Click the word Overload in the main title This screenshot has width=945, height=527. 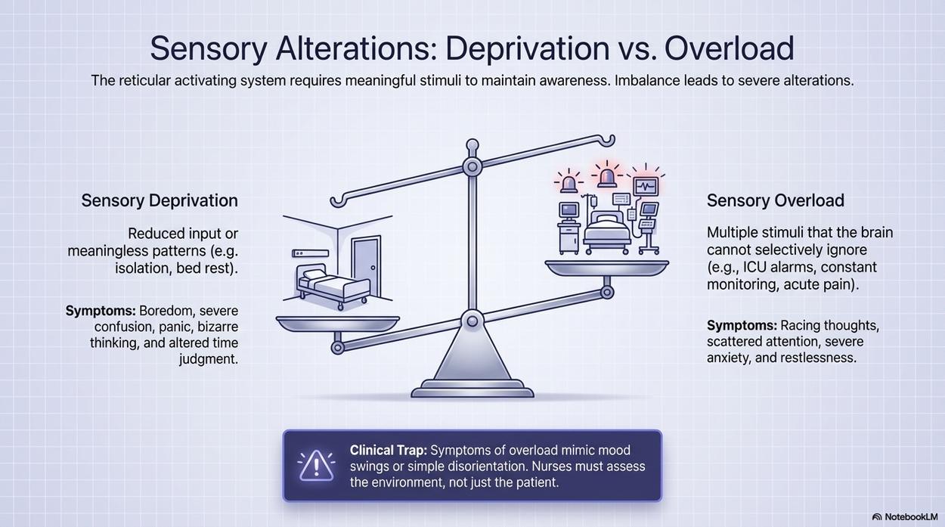pos(729,48)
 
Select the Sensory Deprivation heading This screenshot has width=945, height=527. pos(160,200)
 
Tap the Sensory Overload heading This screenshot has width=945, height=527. pos(776,200)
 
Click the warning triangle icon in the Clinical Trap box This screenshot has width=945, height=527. pos(317,466)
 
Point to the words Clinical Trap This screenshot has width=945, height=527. pos(388,450)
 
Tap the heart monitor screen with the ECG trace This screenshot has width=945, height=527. pos(646,186)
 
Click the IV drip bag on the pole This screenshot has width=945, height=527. pos(593,202)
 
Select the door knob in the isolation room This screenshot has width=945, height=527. pos(373,268)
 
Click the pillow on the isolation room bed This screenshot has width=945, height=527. pos(313,274)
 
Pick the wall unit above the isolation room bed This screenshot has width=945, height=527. pos(310,253)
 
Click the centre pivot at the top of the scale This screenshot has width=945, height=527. pos(472,166)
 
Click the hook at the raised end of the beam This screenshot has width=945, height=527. pos(609,141)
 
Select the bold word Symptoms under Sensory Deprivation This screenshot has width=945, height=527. pos(101,311)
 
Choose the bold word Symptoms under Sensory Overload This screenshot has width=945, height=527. pos(742,325)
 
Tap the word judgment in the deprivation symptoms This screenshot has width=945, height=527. pos(209,359)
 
